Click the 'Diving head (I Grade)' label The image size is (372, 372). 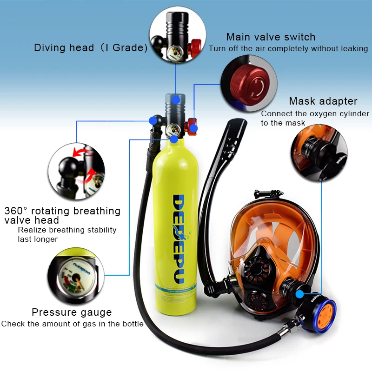tap(91, 48)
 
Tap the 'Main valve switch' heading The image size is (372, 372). tap(271, 37)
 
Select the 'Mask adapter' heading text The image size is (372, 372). tap(323, 101)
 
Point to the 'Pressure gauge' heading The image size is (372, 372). tap(72, 312)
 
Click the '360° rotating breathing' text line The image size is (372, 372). tap(62, 211)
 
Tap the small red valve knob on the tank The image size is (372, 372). tap(192, 126)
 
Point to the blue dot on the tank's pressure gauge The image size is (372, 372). tap(174, 139)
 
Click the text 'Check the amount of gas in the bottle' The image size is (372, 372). tap(72, 324)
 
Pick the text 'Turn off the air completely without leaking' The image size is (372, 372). tap(288, 49)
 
